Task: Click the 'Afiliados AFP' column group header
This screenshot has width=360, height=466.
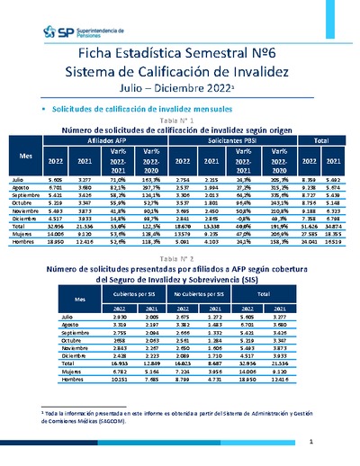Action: pyautogui.click(x=107, y=141)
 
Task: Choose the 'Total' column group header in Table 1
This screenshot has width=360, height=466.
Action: pyautogui.click(x=321, y=141)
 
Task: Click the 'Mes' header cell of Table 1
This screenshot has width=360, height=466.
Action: pyautogui.click(x=28, y=156)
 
